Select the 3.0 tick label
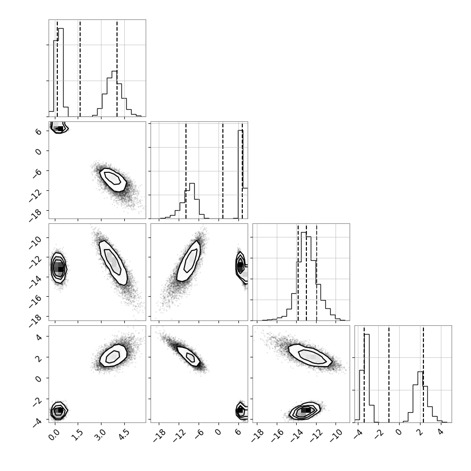(x=101, y=435)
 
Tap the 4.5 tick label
(x=124, y=435)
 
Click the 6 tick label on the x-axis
(x=238, y=432)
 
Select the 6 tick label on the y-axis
(x=39, y=132)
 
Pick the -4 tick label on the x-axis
(x=356, y=434)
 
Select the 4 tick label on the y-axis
(x=39, y=337)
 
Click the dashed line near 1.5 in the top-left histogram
(x=80, y=68)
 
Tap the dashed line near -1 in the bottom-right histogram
(x=389, y=374)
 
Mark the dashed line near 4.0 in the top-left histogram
(x=117, y=68)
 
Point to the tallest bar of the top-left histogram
(x=61, y=72)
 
